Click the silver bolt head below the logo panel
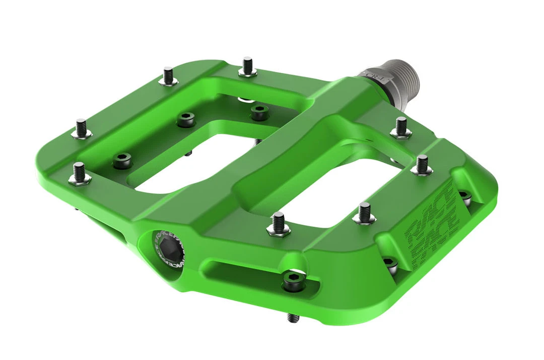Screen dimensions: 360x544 tap(390, 263)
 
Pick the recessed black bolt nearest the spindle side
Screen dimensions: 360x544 tap(260, 112)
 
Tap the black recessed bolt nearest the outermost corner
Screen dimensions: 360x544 tap(121, 161)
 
